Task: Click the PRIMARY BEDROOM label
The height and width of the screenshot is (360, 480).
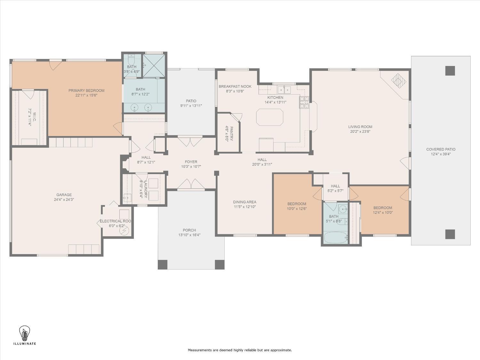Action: click(86, 91)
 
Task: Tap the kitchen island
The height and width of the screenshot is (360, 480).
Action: click(270, 117)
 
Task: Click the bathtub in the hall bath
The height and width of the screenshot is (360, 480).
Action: click(336, 237)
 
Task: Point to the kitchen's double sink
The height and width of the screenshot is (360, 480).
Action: click(284, 90)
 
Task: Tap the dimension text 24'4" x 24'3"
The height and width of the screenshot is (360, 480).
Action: click(64, 200)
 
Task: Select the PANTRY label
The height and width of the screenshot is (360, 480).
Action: click(231, 134)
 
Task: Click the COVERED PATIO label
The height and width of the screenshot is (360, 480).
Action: click(441, 149)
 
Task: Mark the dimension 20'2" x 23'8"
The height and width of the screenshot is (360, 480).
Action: click(360, 132)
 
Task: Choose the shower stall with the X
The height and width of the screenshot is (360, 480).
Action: click(154, 66)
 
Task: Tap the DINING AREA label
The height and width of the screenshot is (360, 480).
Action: click(244, 202)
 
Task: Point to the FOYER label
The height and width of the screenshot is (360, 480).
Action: click(191, 162)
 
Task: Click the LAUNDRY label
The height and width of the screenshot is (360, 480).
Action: click(146, 189)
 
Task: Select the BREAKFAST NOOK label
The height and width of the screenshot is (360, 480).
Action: click(235, 86)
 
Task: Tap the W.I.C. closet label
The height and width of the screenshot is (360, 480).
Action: click(35, 116)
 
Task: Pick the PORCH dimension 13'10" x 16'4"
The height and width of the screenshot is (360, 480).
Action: click(189, 235)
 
